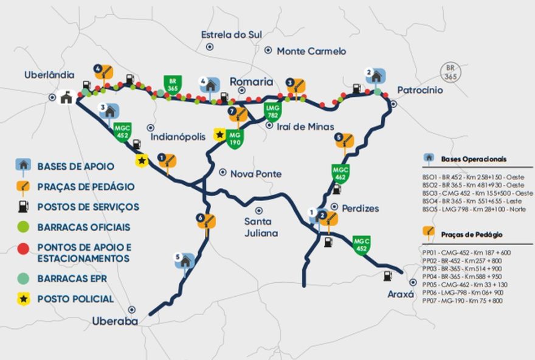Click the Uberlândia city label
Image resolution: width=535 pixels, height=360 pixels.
[49, 75]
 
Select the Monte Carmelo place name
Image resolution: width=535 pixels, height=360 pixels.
[311, 51]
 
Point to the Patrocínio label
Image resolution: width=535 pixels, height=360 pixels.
[420, 90]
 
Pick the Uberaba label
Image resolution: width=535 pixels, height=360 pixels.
[115, 320]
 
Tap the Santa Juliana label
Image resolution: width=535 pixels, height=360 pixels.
[261, 227]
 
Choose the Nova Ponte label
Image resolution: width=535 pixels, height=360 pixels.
[255, 173]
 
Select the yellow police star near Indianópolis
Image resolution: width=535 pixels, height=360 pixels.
[142, 160]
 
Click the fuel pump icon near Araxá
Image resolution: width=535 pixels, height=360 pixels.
[387, 276]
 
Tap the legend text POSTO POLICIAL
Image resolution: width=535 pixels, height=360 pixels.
[75, 299]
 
